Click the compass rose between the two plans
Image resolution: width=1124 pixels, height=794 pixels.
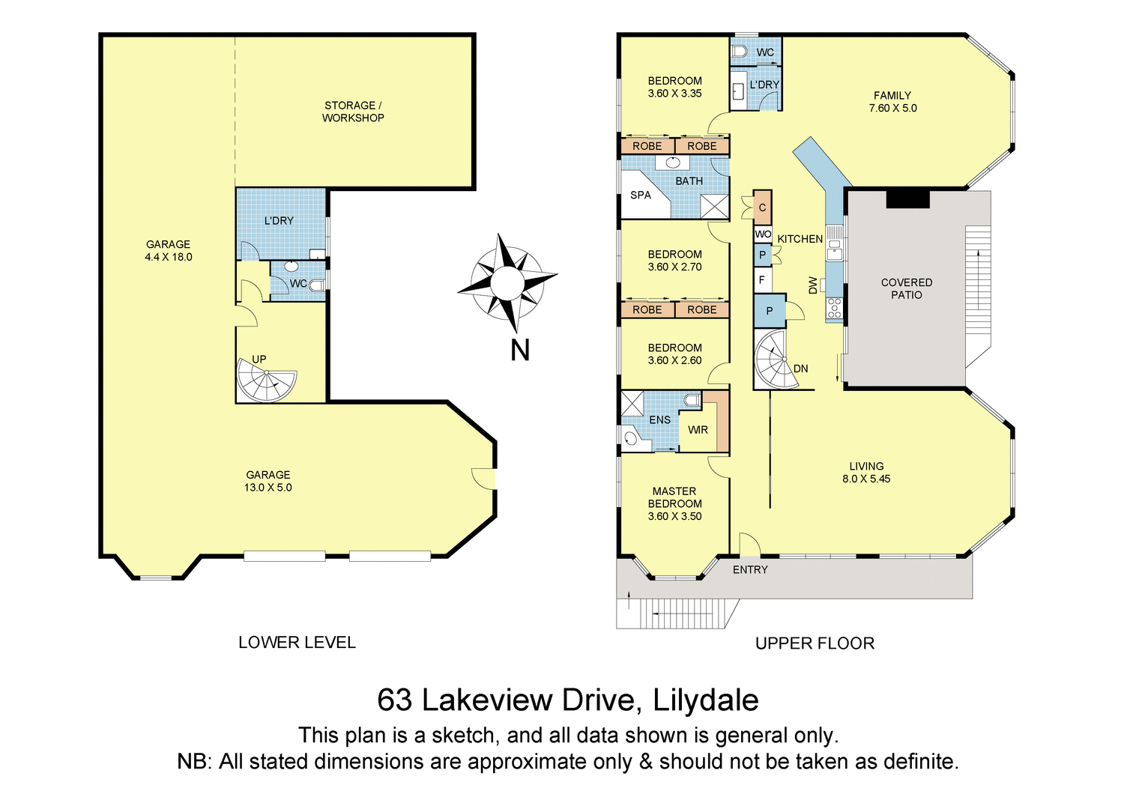tap(507, 283)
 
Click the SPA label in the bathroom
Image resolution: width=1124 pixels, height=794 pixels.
tap(641, 196)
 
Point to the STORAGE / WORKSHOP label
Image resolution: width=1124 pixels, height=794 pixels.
tap(353, 112)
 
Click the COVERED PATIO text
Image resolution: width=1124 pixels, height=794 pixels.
tap(907, 288)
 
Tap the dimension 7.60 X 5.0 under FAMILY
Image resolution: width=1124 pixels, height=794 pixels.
tap(892, 109)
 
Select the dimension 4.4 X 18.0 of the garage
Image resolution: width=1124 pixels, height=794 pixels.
tap(169, 257)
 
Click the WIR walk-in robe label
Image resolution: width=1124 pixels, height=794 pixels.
tap(698, 430)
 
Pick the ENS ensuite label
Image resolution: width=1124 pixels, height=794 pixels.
tap(659, 420)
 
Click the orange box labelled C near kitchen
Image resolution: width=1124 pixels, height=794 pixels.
tap(762, 207)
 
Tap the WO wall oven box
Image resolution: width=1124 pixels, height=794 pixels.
tap(763, 234)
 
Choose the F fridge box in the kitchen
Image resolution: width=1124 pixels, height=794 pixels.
tap(762, 280)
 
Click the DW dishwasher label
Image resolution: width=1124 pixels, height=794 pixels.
tap(813, 285)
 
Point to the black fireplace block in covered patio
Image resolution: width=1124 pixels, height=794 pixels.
tap(907, 199)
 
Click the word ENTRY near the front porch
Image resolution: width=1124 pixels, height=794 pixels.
tap(750, 570)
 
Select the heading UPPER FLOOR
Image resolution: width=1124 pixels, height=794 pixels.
tap(815, 643)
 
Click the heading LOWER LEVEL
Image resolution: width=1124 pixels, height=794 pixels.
tap(297, 643)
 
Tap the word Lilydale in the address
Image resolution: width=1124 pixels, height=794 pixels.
tap(705, 700)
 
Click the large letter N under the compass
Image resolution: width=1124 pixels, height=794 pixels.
tap(520, 350)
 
